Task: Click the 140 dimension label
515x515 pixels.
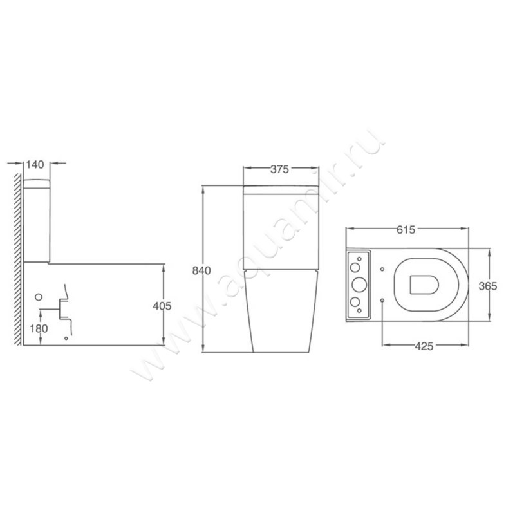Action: [x=35, y=165]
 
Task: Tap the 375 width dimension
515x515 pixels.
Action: [x=279, y=169]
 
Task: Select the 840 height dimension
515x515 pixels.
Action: [x=201, y=270]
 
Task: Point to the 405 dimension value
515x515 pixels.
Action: [x=162, y=306]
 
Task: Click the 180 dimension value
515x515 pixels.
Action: [x=39, y=328]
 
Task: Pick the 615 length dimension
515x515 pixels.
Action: [x=406, y=230]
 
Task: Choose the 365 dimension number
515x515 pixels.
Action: [x=488, y=286]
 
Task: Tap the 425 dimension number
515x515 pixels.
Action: [x=424, y=346]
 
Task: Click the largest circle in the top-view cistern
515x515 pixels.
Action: [x=359, y=285]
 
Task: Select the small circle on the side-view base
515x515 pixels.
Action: [x=39, y=297]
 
